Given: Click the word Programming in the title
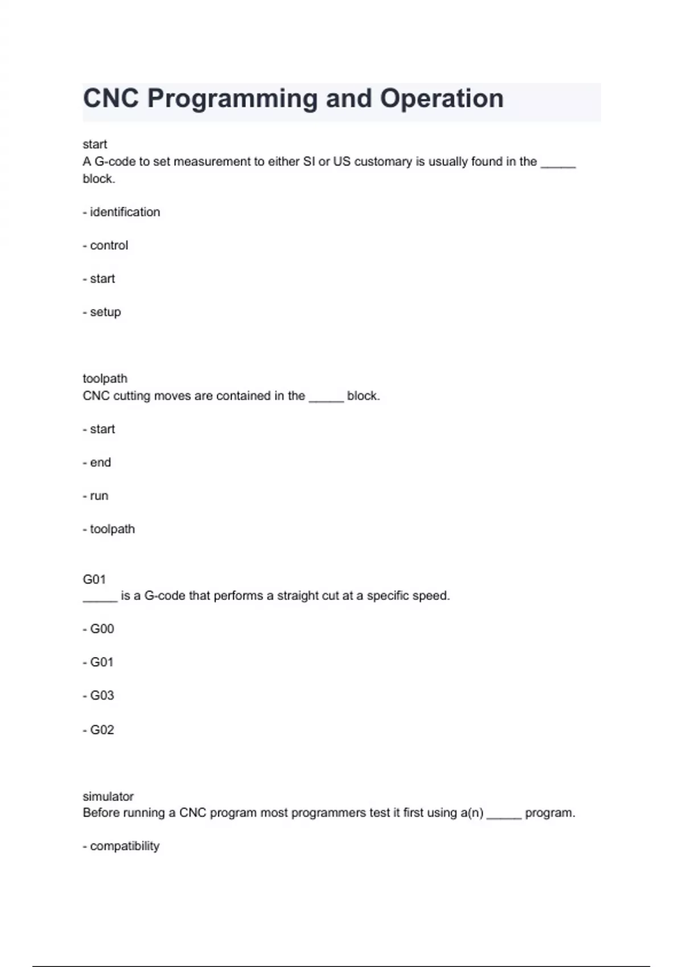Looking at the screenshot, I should pyautogui.click(x=232, y=99).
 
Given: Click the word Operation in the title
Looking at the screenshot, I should pyautogui.click(x=442, y=99).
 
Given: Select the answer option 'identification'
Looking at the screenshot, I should pyautogui.click(x=125, y=212).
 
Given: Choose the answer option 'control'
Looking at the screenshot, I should pyautogui.click(x=109, y=245).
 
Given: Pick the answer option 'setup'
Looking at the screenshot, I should pyautogui.click(x=105, y=312).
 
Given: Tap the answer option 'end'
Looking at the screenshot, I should pyautogui.click(x=100, y=462).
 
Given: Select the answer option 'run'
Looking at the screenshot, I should pyautogui.click(x=99, y=496).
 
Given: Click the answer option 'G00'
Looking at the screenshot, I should pyautogui.click(x=102, y=629).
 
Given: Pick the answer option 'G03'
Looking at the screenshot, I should pyautogui.click(x=102, y=696).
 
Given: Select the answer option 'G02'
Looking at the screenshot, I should pyautogui.click(x=102, y=730).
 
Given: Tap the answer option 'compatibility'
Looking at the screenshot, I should pyautogui.click(x=125, y=846).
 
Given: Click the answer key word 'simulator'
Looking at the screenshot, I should pyautogui.click(x=108, y=796).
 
